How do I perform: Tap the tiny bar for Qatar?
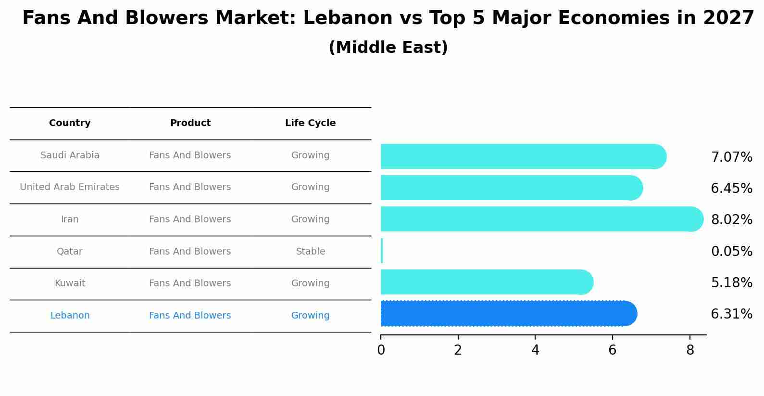[x=382, y=251]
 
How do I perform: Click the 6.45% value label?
[x=731, y=188]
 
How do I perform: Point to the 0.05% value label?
[x=731, y=251]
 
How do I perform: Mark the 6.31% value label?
[x=731, y=314]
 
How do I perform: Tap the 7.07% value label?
[x=731, y=157]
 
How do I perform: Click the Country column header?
[x=70, y=123]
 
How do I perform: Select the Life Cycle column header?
[x=310, y=123]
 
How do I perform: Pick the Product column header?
[x=190, y=123]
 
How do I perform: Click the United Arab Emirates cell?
[x=70, y=187]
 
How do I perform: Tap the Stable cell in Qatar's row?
[x=310, y=252]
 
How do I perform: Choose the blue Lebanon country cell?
[x=70, y=316]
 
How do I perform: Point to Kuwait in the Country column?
[x=70, y=283]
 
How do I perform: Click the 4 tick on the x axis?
[x=535, y=350]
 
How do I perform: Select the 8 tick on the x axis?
[x=690, y=350]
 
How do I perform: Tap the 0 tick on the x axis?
[x=381, y=350]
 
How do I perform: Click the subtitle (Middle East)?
[x=388, y=48]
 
